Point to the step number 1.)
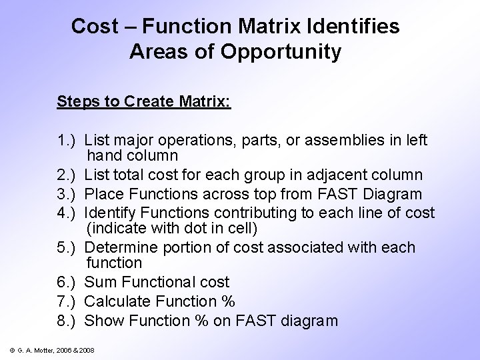point(69,140)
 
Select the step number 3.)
point(69,194)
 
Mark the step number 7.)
point(69,301)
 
